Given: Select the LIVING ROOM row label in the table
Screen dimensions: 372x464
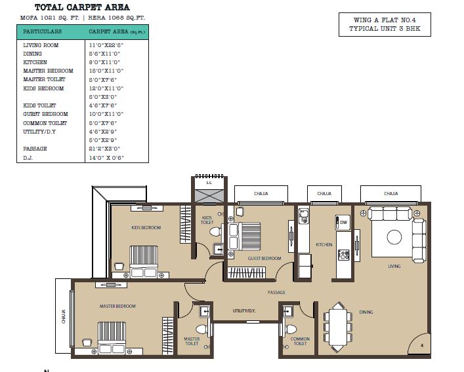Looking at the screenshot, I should point(41,45).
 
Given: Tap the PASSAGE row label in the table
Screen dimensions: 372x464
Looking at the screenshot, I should point(33,149).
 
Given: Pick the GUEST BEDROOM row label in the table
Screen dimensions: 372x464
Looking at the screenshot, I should point(45,114).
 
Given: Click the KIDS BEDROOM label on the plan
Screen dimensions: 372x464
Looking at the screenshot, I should point(146,227).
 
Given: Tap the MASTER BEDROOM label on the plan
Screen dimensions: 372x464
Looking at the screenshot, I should point(117,306).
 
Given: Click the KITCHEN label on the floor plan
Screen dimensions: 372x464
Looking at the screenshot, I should point(324,245).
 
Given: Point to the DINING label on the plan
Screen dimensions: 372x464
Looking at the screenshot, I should point(366,312).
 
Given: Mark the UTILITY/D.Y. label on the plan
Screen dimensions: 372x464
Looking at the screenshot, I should point(244,310).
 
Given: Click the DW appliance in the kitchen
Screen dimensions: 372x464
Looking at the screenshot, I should point(343,223).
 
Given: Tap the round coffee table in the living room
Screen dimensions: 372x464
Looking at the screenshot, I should point(394,236).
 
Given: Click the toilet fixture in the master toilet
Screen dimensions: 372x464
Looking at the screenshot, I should point(201,329).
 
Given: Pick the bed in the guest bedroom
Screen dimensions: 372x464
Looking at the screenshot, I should point(247,235).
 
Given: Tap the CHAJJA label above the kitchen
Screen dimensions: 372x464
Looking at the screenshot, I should point(324,193).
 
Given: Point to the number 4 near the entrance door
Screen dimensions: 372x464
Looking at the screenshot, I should point(422,344).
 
